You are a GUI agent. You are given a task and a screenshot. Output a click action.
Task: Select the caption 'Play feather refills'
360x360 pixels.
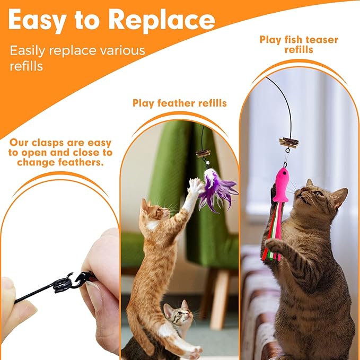tap(179, 103)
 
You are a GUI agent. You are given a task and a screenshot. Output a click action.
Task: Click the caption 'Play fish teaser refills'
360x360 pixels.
tap(298, 45)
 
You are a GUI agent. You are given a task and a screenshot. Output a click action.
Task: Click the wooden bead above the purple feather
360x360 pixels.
tap(203, 153)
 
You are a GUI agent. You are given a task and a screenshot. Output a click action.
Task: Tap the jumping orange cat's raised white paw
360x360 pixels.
tap(196, 186)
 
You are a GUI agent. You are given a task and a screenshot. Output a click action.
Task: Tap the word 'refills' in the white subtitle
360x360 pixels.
tap(27, 67)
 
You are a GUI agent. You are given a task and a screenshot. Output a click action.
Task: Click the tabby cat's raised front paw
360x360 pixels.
tap(274, 245)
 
